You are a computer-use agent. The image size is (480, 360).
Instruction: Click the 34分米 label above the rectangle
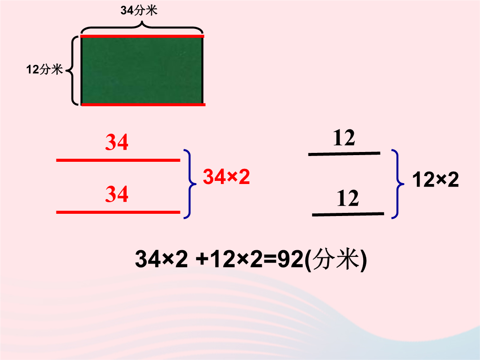click(x=139, y=10)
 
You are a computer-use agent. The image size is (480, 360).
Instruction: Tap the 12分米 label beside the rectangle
click(x=45, y=69)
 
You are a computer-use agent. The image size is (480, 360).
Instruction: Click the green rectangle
click(x=142, y=70)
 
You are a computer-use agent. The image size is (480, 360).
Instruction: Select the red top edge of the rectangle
click(x=142, y=36)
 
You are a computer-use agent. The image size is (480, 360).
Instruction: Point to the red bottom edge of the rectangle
click(x=143, y=105)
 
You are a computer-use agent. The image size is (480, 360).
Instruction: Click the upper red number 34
click(x=116, y=142)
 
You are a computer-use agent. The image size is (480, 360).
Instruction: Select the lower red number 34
click(x=116, y=194)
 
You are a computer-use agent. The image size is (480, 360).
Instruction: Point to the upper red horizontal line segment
click(x=118, y=160)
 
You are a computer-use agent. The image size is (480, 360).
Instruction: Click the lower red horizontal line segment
click(x=118, y=212)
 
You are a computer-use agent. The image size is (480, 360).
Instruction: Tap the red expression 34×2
click(x=226, y=176)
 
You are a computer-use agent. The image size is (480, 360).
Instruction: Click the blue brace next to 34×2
click(x=190, y=184)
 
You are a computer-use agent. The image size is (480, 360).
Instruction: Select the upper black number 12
click(x=344, y=138)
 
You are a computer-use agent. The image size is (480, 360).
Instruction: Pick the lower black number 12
click(x=348, y=198)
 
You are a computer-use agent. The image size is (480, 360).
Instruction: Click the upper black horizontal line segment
click(x=344, y=153)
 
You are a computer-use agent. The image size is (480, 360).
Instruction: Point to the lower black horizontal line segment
click(x=348, y=214)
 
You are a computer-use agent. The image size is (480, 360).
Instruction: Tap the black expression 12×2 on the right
click(x=435, y=180)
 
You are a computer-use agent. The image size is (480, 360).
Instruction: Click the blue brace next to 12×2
click(x=398, y=184)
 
